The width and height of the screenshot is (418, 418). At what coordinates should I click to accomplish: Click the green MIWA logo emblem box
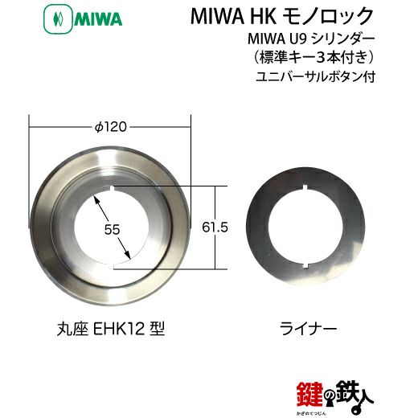[x=59, y=19]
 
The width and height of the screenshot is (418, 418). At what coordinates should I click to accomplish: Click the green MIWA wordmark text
[x=98, y=19]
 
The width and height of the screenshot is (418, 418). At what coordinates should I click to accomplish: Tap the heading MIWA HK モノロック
[x=282, y=16]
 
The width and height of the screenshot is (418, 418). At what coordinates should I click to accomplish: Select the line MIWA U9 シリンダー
[x=311, y=39]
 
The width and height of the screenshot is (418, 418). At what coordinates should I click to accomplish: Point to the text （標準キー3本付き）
[x=313, y=58]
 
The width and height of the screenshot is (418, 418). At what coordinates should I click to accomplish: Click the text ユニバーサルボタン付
[x=315, y=76]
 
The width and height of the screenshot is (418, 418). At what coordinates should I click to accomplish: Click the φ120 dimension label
[x=111, y=127]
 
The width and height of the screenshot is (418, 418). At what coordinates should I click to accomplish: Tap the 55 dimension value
[x=112, y=230]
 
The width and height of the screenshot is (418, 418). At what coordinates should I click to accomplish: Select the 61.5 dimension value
[x=215, y=227]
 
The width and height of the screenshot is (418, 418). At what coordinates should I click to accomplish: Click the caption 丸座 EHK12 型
[x=111, y=329]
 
